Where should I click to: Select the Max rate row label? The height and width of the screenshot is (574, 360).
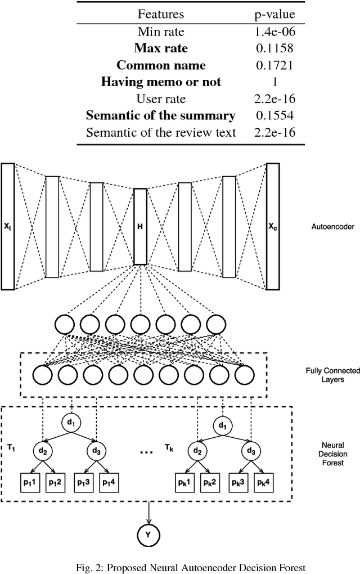(160, 48)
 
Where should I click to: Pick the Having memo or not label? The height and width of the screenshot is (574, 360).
(160, 82)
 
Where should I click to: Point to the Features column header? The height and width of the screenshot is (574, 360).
(160, 14)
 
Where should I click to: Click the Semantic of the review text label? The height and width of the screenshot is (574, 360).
(160, 133)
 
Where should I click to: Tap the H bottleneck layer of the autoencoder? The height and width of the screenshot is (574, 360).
(140, 226)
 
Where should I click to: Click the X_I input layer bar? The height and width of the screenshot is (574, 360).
(8, 226)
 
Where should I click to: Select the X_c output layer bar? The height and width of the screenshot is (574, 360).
(273, 226)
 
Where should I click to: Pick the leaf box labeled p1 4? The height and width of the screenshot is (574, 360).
(110, 482)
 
